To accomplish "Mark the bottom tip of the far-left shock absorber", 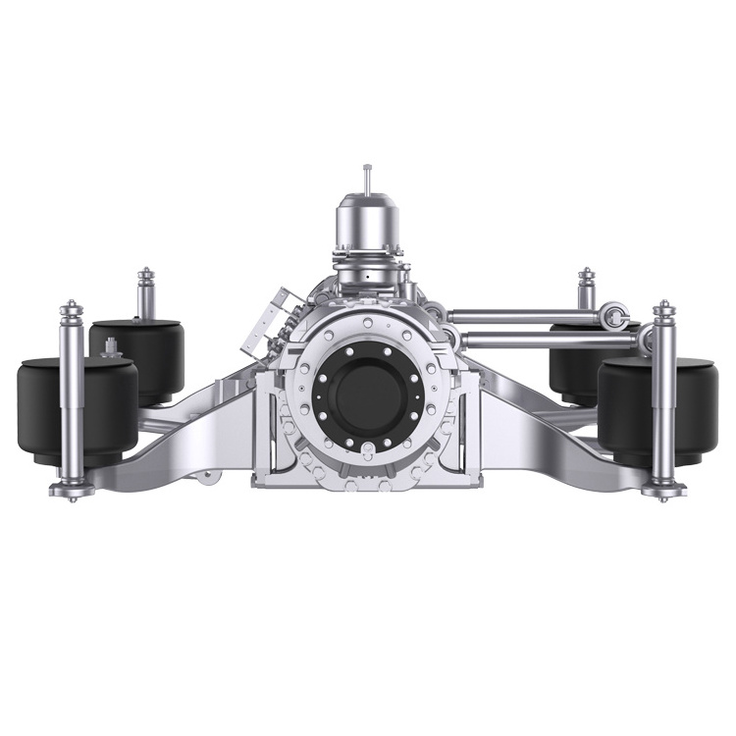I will (x=72, y=496).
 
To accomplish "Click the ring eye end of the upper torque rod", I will (x=615, y=316).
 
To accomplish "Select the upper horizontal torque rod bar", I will (x=530, y=316).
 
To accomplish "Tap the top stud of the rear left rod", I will (x=145, y=275).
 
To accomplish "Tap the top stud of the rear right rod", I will (x=586, y=275).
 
